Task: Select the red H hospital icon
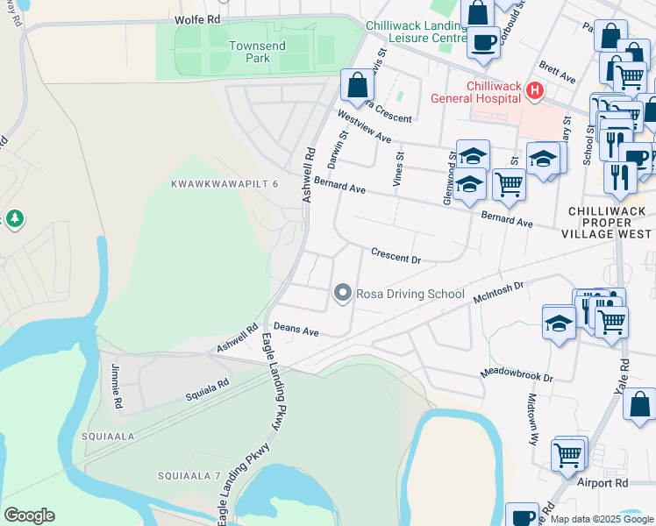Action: point(533,90)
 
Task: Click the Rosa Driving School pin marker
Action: point(343,294)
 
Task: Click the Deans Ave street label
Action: point(296,330)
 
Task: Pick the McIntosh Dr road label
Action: point(498,292)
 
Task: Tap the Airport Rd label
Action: point(602,482)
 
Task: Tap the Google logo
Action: point(29,515)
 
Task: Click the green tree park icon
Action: point(14,217)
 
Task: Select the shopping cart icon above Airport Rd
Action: point(567,455)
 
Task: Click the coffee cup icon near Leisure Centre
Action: point(482,41)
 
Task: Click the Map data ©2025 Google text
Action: point(602,519)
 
